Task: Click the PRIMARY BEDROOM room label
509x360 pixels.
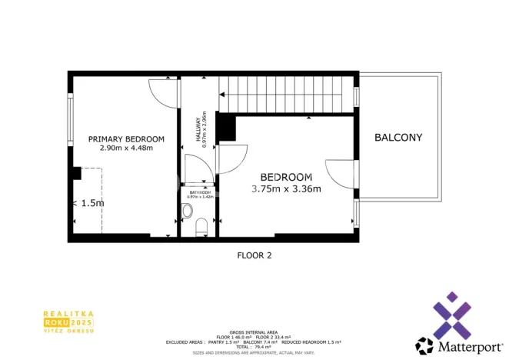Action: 126,139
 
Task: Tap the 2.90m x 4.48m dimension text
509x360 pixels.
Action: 126,148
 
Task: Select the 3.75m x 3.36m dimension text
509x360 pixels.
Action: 286,188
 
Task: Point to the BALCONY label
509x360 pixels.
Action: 398,138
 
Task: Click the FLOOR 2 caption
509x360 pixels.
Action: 254,255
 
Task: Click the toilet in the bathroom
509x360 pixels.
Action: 201,227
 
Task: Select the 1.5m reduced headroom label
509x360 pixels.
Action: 90,203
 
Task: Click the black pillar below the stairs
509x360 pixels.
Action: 226,128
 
